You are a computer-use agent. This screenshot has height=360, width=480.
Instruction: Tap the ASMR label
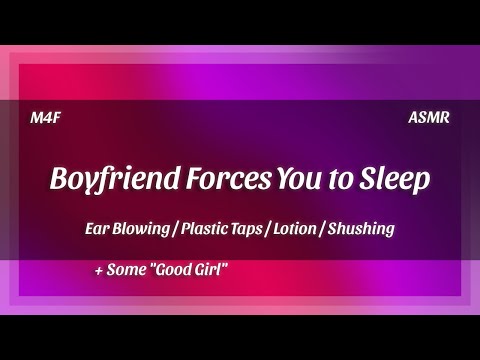click(x=429, y=118)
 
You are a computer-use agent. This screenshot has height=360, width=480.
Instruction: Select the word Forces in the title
click(x=212, y=181)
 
